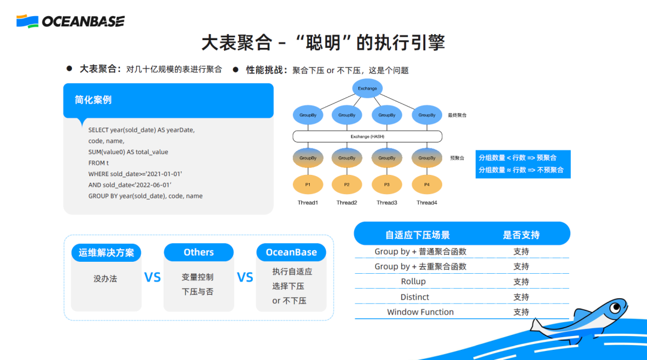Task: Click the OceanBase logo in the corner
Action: point(70,22)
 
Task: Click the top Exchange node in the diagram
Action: point(367,89)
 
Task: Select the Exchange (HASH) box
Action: point(367,137)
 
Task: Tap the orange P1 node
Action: point(308,184)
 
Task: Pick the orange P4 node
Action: point(427,184)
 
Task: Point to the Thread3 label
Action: point(387,202)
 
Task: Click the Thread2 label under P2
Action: point(347,202)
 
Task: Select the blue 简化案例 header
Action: point(168,100)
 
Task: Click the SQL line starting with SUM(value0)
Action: point(128,152)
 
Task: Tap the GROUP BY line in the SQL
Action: point(146,196)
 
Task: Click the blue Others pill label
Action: point(199,252)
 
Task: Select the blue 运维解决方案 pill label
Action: point(106,252)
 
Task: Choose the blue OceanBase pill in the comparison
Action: point(291,252)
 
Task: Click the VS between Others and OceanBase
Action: point(245,277)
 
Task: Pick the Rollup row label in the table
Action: point(413,282)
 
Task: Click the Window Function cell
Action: point(421,312)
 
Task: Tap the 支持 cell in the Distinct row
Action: point(521,297)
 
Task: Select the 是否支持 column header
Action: point(521,235)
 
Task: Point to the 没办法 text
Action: point(105,279)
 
